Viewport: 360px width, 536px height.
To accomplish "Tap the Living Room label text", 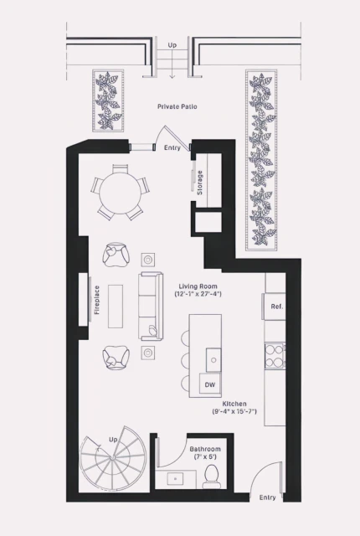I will [198, 290].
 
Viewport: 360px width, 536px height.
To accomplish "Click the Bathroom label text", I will [206, 450].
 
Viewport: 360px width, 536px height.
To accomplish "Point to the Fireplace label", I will [97, 299].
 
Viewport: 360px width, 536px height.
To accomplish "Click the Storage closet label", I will [200, 183].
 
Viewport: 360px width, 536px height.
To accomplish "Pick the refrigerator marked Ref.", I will [275, 307].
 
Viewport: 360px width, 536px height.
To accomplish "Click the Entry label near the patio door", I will [172, 148].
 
